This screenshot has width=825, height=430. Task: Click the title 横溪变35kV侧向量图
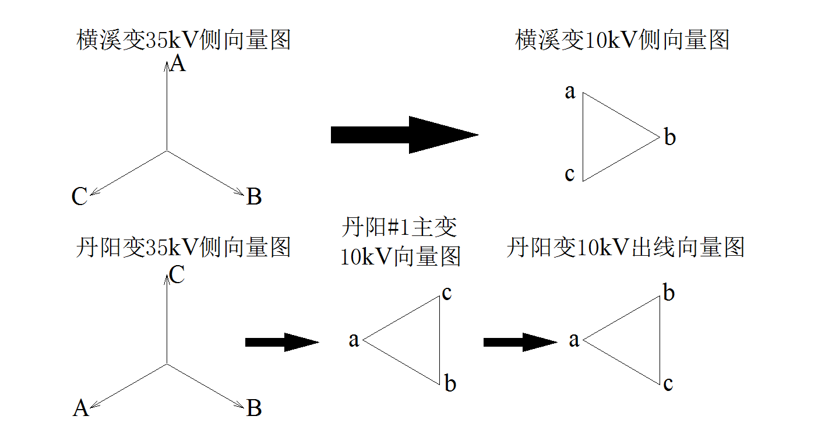tap(184, 41)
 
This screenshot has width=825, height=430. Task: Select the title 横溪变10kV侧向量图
tap(622, 41)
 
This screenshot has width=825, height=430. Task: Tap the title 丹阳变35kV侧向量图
tap(184, 248)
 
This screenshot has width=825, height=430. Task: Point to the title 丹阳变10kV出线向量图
tap(626, 248)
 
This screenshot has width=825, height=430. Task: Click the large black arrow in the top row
tap(404, 135)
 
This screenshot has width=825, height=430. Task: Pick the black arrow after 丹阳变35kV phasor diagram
tap(282, 342)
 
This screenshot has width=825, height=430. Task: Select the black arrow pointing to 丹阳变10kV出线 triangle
tap(520, 342)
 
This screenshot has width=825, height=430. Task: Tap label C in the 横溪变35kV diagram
tap(79, 197)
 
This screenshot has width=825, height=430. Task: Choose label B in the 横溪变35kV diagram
tap(254, 197)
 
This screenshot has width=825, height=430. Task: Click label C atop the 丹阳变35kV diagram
tap(177, 275)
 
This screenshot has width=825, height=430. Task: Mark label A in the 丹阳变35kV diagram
tap(80, 408)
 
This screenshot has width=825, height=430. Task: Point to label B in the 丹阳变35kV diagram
tap(254, 408)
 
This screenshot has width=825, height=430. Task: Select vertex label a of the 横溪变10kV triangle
tap(570, 91)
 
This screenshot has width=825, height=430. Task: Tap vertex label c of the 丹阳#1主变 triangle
tap(447, 292)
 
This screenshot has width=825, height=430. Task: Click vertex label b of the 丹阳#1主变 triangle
tap(450, 383)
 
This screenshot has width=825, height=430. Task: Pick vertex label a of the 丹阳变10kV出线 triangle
tap(574, 340)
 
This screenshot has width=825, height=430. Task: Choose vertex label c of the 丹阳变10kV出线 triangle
tap(668, 383)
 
